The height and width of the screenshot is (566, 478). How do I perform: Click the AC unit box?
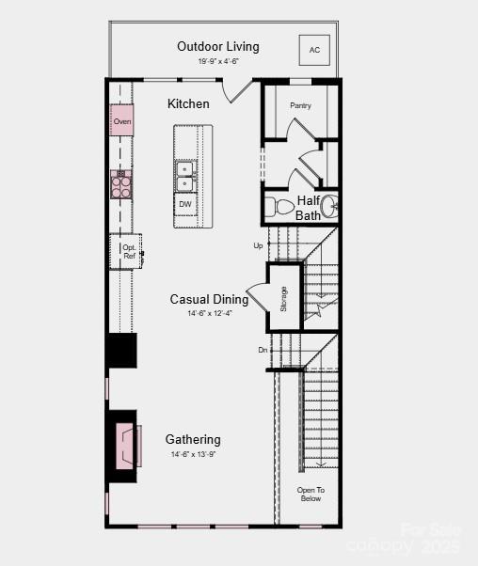click(315, 50)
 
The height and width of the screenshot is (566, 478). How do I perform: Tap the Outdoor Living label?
click(217, 46)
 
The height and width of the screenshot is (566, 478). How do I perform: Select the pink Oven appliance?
click(121, 121)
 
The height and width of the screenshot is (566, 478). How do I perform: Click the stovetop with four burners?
click(121, 184)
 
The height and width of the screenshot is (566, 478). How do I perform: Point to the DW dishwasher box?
click(185, 204)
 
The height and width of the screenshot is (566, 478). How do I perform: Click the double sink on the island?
click(185, 176)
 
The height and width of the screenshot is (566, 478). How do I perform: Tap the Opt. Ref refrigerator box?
click(128, 251)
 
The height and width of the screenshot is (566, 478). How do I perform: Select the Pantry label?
click(301, 105)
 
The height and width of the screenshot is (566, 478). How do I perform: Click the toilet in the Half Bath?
click(281, 206)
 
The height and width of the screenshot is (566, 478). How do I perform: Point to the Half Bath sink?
click(328, 205)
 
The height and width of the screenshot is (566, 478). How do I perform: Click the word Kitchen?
click(188, 103)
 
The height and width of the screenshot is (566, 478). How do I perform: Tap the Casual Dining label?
click(209, 299)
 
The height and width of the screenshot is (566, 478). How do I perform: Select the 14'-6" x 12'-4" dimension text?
click(209, 313)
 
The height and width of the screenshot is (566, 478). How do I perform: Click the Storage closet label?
click(283, 298)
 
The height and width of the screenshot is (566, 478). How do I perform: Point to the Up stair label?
click(258, 245)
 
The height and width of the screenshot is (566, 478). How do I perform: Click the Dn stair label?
click(263, 350)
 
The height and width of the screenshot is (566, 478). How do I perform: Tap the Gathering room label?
click(193, 439)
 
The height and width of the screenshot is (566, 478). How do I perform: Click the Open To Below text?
click(311, 494)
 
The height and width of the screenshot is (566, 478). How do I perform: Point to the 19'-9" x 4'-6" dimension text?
click(217, 61)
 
